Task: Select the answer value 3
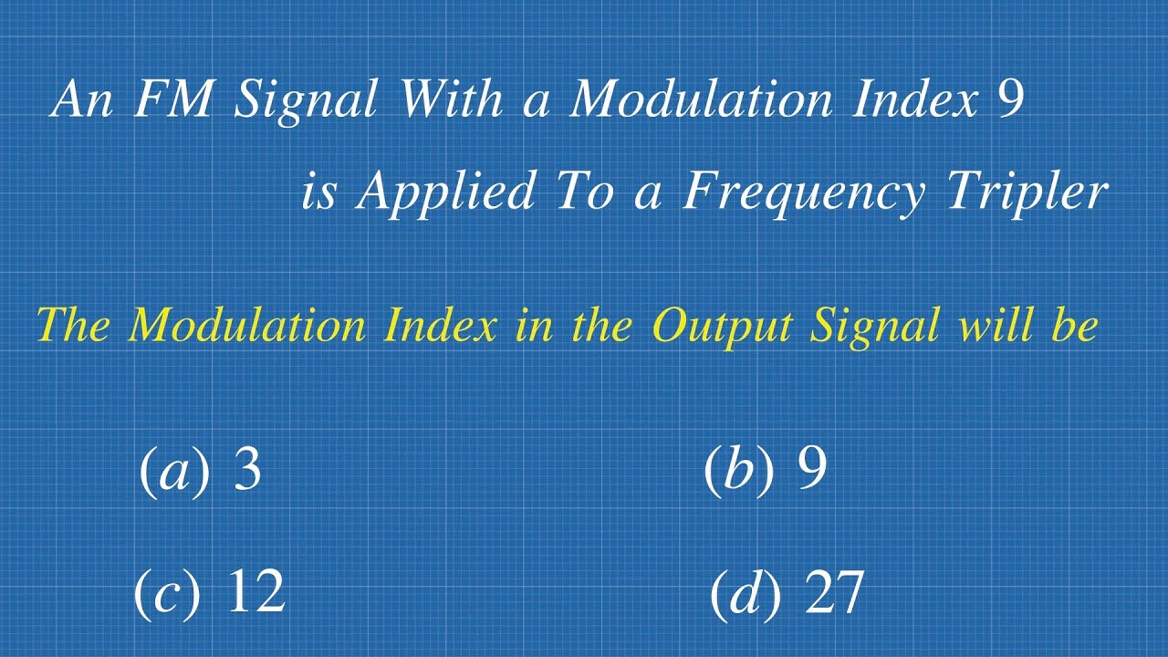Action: click(x=247, y=471)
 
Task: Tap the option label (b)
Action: click(x=738, y=471)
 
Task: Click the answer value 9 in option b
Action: click(x=812, y=471)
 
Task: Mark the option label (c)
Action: click(x=167, y=592)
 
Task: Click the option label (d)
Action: click(x=745, y=593)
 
